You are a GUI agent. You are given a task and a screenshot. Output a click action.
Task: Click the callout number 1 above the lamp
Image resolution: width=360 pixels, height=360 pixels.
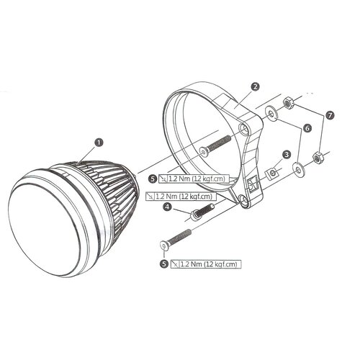click(x=99, y=143)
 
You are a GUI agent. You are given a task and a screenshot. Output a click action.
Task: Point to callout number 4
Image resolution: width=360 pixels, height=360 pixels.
click(x=167, y=207)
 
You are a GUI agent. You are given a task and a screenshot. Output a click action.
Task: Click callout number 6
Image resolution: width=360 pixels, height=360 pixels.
click(x=307, y=127)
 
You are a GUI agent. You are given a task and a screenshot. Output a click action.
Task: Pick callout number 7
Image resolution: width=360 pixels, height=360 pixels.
click(x=330, y=114)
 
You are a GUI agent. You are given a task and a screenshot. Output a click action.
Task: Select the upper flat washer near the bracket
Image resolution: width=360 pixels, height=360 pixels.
click(x=271, y=113)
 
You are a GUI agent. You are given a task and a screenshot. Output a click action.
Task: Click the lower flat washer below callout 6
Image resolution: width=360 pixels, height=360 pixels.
click(x=297, y=170)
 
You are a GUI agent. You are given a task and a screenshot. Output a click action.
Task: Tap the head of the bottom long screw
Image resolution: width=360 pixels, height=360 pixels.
click(x=164, y=246)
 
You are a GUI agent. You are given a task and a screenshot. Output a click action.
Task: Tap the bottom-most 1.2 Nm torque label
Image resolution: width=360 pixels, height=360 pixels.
click(x=210, y=264)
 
